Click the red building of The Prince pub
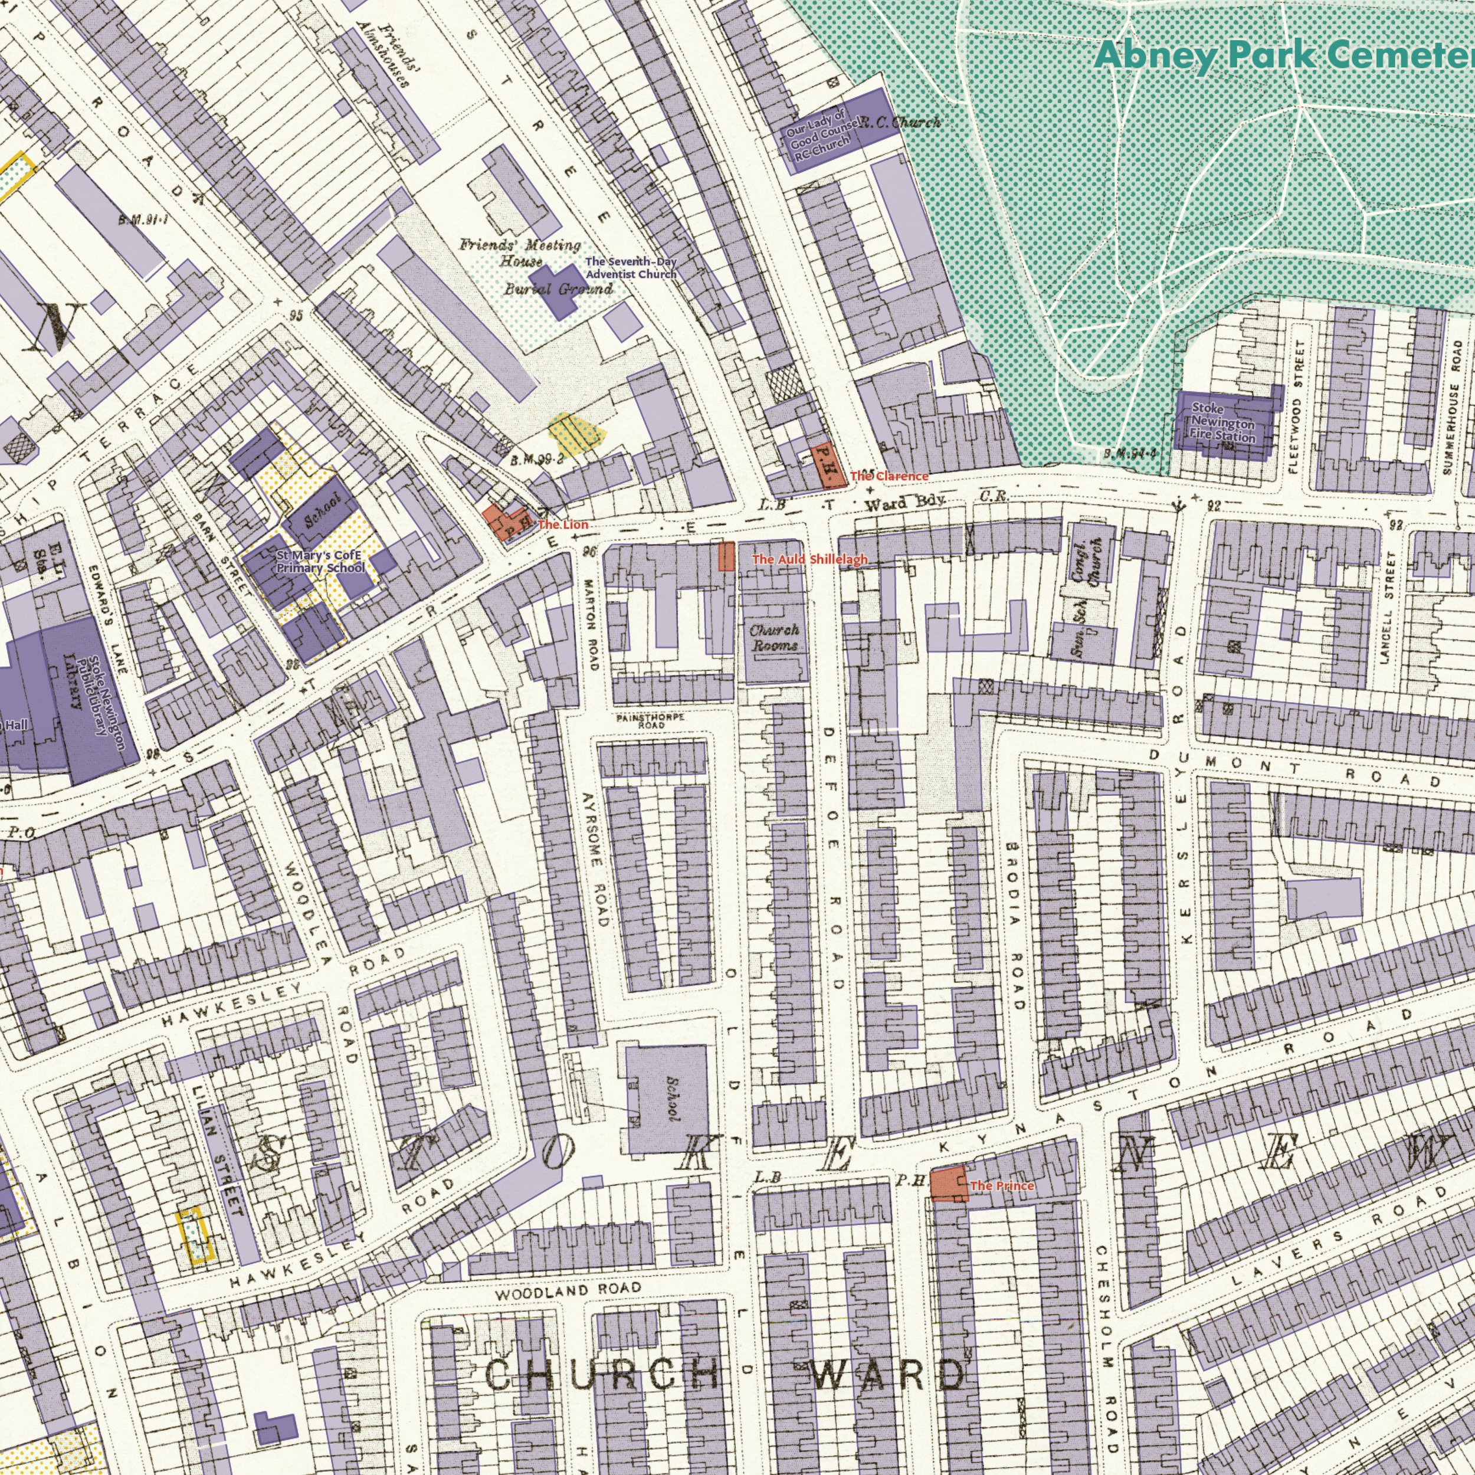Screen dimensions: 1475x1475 [948, 1184]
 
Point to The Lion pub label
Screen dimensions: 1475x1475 [563, 525]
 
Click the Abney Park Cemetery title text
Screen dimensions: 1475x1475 [1283, 55]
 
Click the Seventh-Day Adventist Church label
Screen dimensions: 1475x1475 [631, 268]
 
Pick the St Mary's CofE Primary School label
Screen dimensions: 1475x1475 [320, 562]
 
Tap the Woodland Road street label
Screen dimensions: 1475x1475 [568, 1290]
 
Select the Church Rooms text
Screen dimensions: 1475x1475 [773, 637]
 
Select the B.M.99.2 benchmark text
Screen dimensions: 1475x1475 [537, 460]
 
